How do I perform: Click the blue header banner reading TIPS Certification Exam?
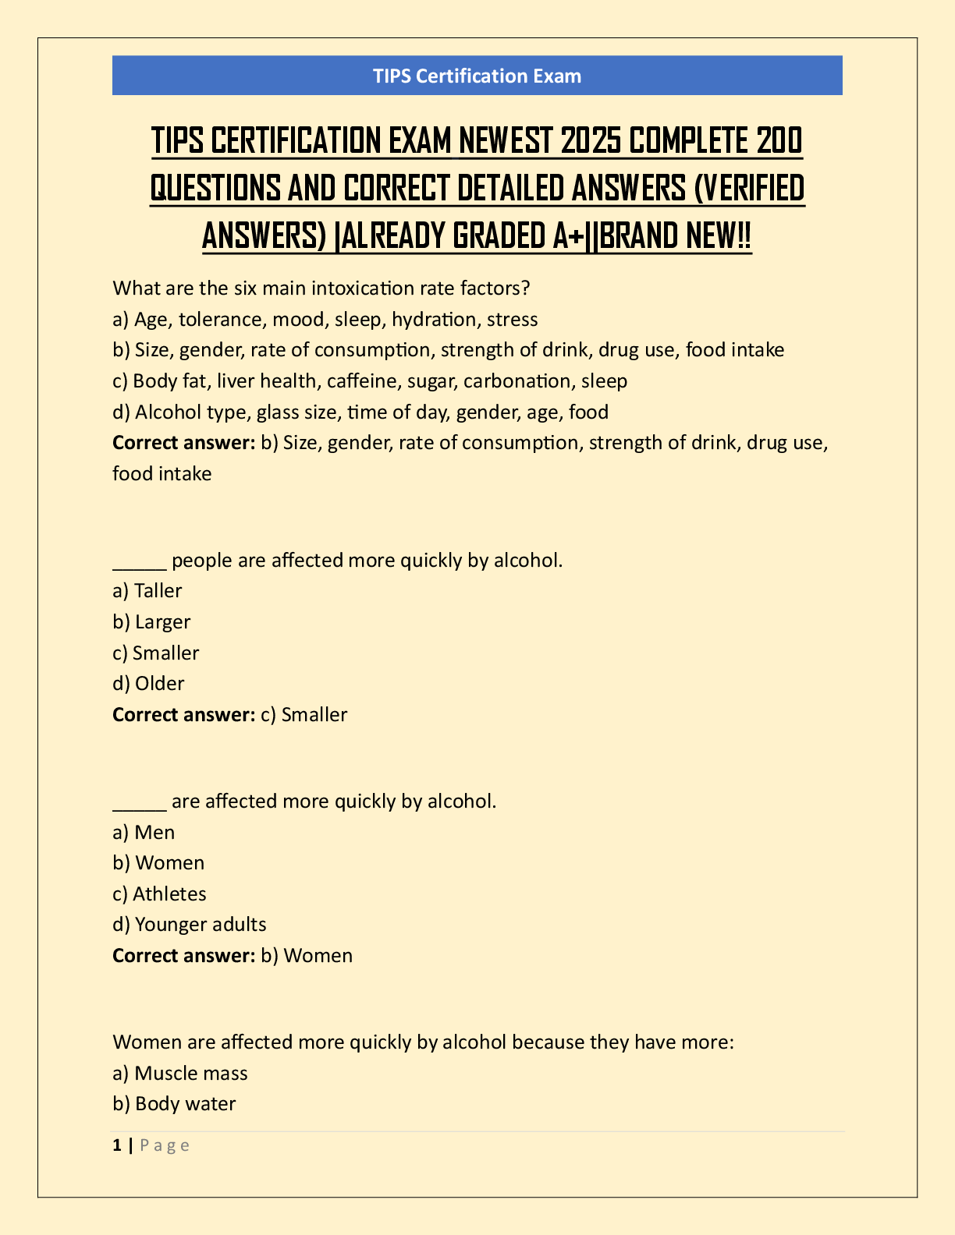477,76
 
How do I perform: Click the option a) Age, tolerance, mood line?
325,320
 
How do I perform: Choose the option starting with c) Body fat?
370,381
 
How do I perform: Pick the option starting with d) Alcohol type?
360,412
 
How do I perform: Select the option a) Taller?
147,591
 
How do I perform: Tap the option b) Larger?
151,622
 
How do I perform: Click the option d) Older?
148,684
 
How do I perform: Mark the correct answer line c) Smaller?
230,715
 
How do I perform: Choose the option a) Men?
144,833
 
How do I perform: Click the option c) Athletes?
159,894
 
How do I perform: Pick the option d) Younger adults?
190,925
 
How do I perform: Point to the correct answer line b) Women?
233,956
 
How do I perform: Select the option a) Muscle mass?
180,1074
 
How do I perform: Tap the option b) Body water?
174,1104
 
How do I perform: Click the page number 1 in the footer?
117,1145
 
